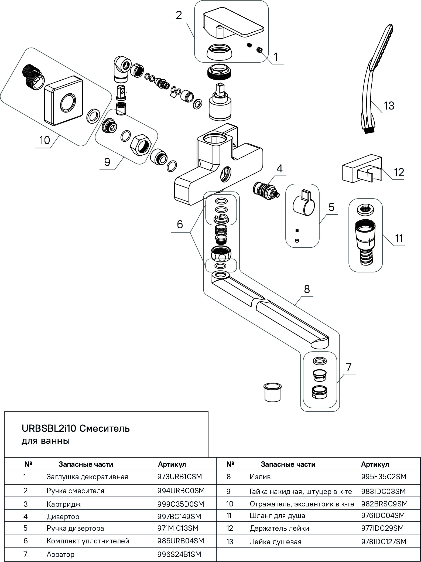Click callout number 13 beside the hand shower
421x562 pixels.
(x=389, y=105)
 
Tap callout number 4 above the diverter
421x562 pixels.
(x=279, y=169)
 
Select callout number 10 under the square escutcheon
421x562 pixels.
(x=45, y=140)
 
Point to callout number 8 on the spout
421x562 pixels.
(x=307, y=289)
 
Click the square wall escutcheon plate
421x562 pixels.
(x=64, y=102)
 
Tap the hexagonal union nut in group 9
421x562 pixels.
(x=140, y=145)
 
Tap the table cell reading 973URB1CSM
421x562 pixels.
(x=179, y=477)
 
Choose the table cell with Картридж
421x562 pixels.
(x=64, y=504)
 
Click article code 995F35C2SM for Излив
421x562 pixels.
(x=384, y=477)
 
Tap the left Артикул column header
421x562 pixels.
(x=172, y=464)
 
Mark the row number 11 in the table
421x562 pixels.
(x=229, y=516)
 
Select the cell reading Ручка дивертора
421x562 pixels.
(x=75, y=528)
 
